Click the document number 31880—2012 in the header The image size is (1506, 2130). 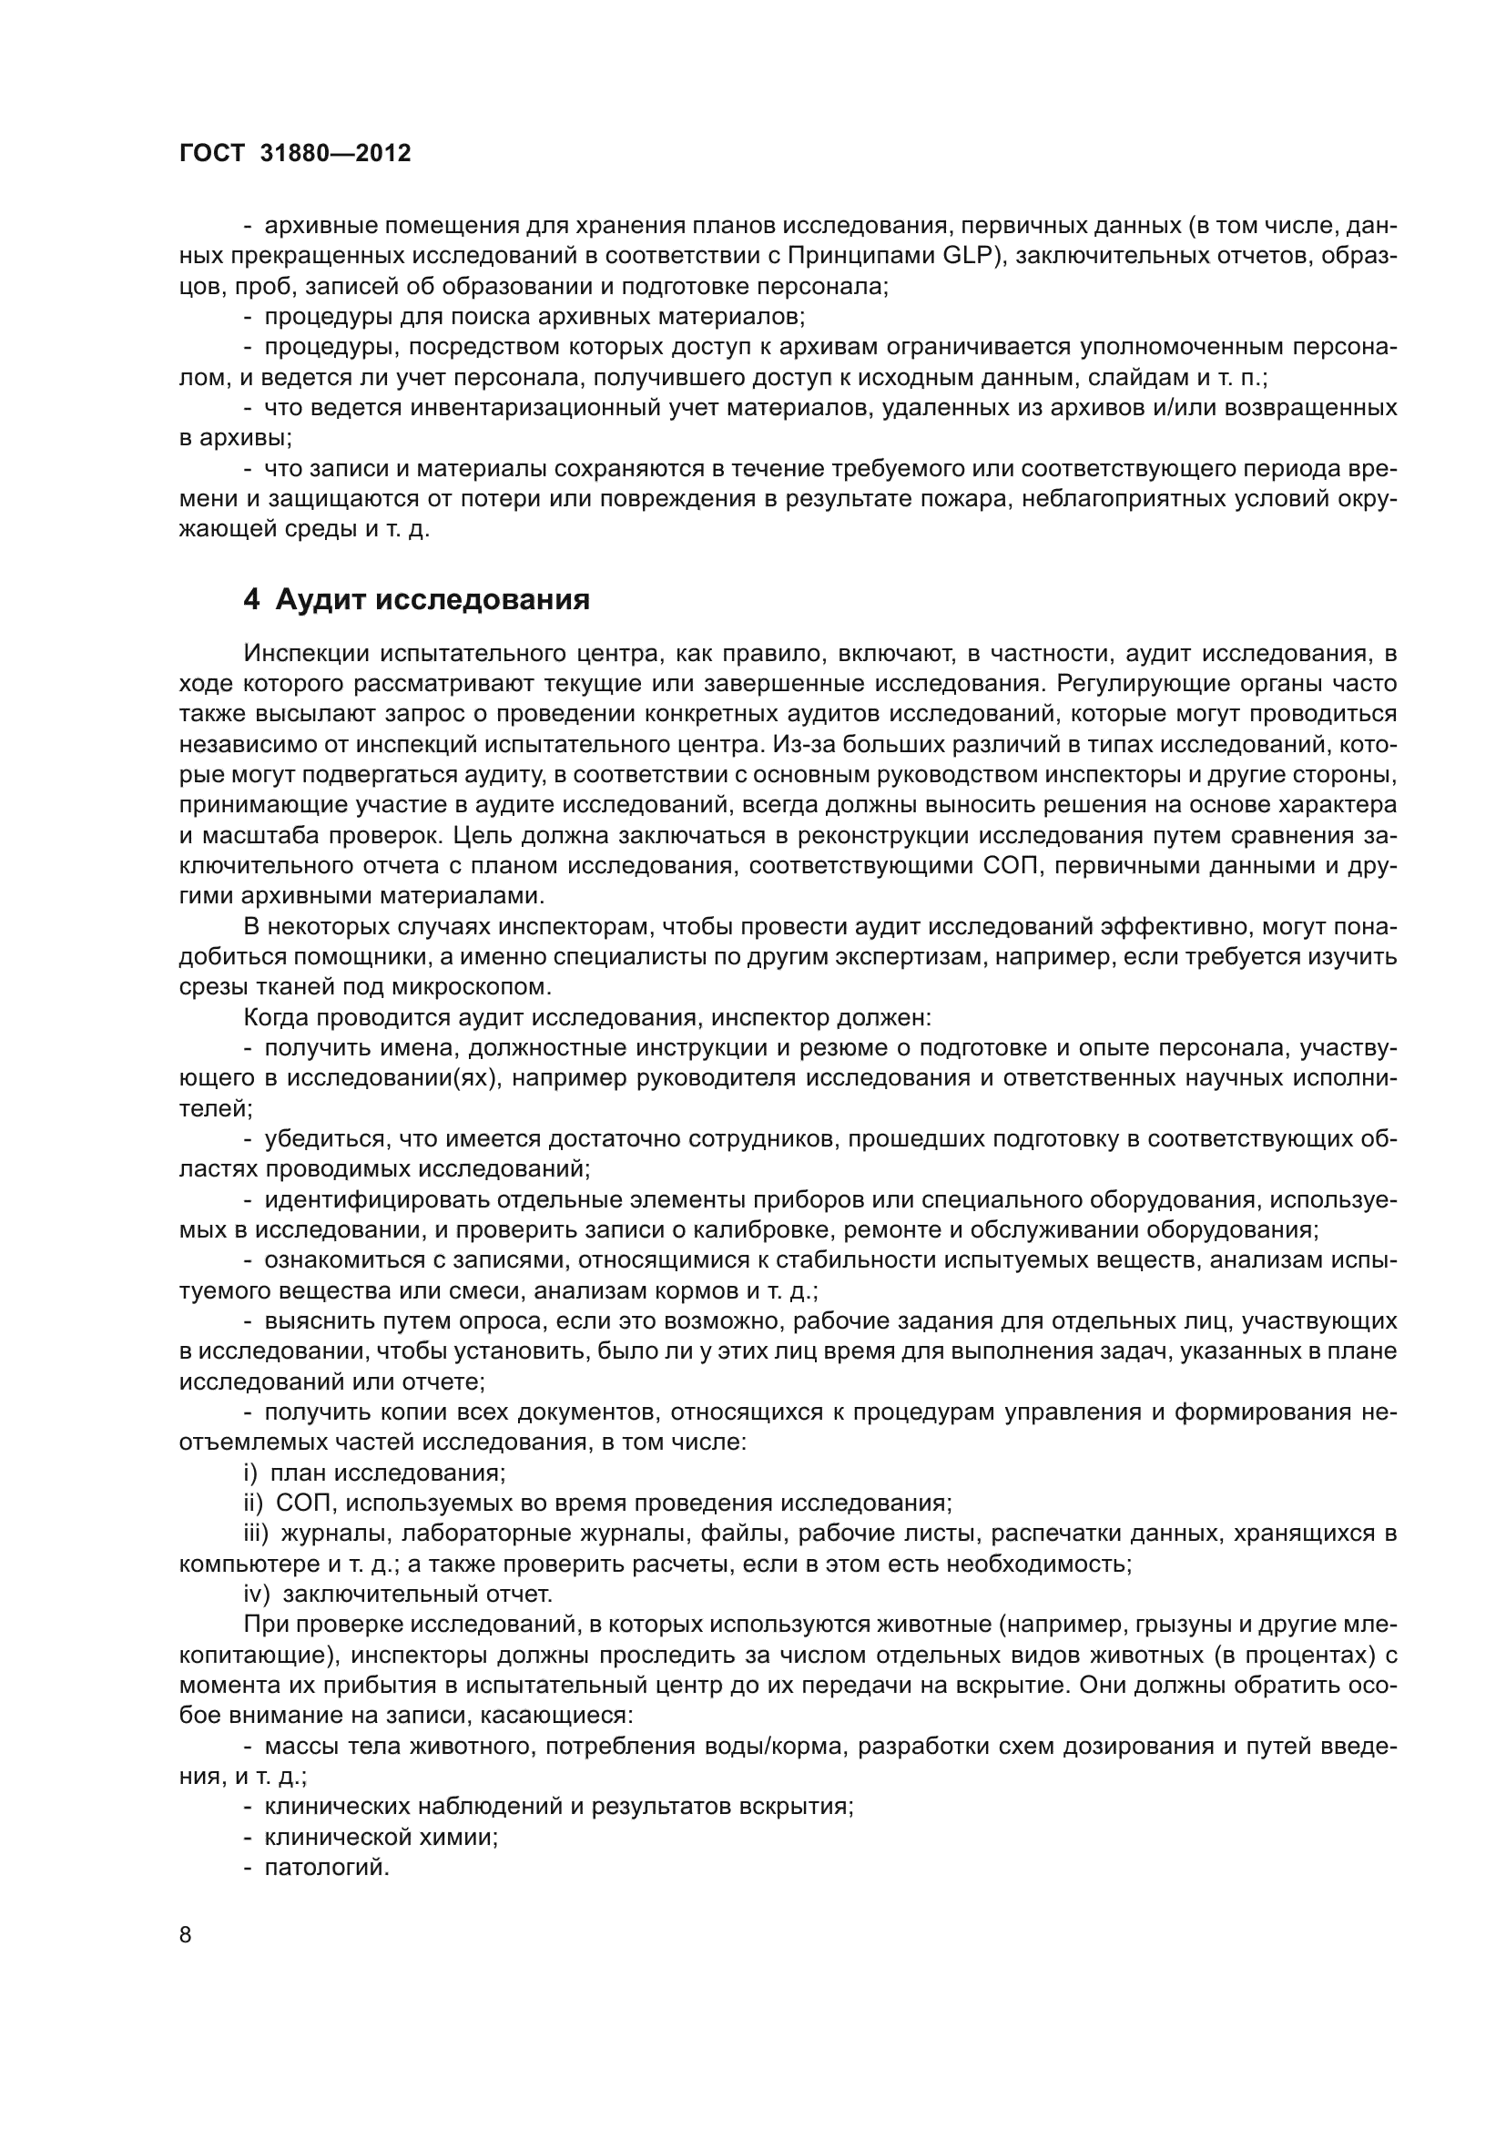tap(336, 154)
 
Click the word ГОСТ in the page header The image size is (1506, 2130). tap(212, 154)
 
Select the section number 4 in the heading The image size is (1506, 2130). tap(251, 600)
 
